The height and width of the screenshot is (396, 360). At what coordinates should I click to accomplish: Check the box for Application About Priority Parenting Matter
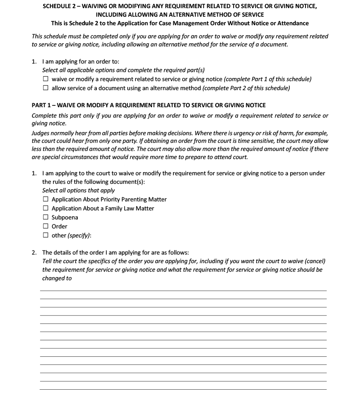pyautogui.click(x=45, y=199)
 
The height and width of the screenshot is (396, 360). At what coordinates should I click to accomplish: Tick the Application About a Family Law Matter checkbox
pyautogui.click(x=45, y=208)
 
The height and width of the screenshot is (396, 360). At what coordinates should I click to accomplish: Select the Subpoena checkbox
pyautogui.click(x=45, y=217)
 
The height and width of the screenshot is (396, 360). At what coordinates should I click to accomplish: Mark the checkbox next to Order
pyautogui.click(x=45, y=226)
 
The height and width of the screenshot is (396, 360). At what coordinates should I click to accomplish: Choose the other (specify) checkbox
pyautogui.click(x=45, y=235)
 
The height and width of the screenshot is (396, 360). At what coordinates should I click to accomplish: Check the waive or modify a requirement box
pyautogui.click(x=45, y=79)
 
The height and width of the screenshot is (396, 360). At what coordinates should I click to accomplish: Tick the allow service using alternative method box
pyautogui.click(x=45, y=88)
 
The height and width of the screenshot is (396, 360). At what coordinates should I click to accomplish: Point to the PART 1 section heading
pyautogui.click(x=148, y=105)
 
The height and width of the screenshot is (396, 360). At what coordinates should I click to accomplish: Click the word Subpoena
pyautogui.click(x=65, y=217)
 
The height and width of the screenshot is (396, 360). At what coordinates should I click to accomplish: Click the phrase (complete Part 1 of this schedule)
pyautogui.click(x=268, y=79)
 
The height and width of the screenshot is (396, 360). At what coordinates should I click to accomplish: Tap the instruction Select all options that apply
pyautogui.click(x=78, y=191)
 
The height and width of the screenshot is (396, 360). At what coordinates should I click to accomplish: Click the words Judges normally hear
pyautogui.click(x=55, y=134)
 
